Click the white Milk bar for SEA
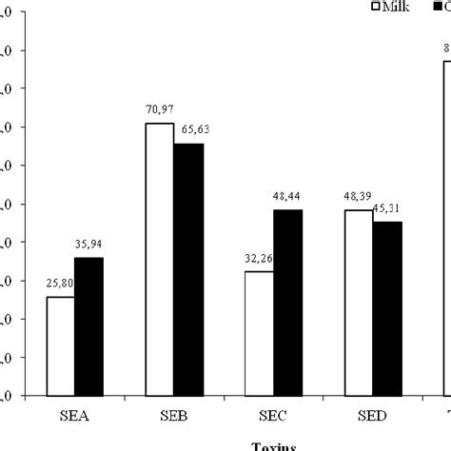(x=61, y=345)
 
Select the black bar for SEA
(x=88, y=326)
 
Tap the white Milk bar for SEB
(x=159, y=259)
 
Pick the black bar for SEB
(x=188, y=269)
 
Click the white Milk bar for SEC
(x=259, y=333)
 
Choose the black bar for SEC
(x=287, y=302)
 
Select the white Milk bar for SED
(x=359, y=302)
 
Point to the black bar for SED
(x=387, y=308)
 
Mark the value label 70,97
(x=158, y=108)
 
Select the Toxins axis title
(x=273, y=445)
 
